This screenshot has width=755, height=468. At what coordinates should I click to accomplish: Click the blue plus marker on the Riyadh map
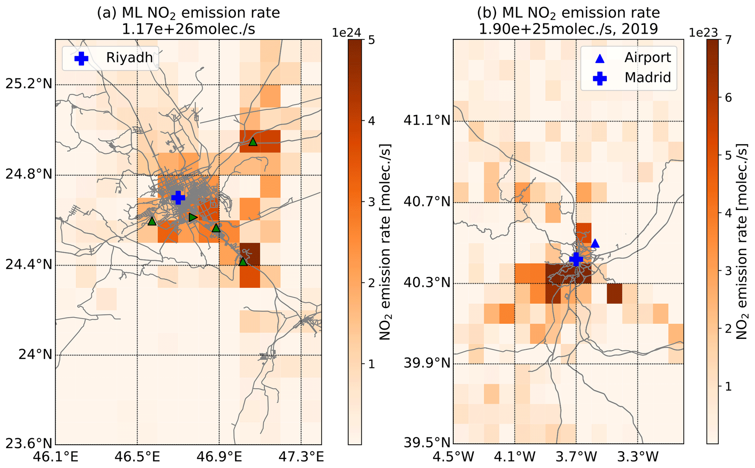pyautogui.click(x=178, y=197)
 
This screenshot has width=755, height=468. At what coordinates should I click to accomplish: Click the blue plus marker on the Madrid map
pyautogui.click(x=576, y=259)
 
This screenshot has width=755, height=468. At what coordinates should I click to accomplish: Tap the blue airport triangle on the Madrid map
pyautogui.click(x=595, y=244)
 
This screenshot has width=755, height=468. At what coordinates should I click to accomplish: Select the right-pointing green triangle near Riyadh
pyautogui.click(x=193, y=218)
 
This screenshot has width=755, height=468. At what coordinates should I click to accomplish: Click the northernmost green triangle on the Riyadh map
pyautogui.click(x=253, y=142)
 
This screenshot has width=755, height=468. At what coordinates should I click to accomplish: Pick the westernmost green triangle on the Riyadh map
pyautogui.click(x=152, y=221)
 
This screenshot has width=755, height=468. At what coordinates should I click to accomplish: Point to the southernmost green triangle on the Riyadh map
pyautogui.click(x=243, y=262)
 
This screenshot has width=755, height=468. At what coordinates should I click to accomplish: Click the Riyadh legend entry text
pyautogui.click(x=129, y=58)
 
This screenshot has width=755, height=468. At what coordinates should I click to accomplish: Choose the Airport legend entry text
pyautogui.click(x=648, y=58)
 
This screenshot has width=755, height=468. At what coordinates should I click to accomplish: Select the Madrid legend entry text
pyautogui.click(x=648, y=78)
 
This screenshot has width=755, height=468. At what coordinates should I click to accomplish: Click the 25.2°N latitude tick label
pyautogui.click(x=28, y=84)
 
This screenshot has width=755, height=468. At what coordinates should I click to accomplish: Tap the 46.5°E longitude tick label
pyautogui.click(x=137, y=457)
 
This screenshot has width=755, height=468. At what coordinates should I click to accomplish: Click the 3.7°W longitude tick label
pyautogui.click(x=576, y=457)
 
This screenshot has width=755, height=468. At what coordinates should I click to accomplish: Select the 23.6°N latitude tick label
pyautogui.click(x=28, y=444)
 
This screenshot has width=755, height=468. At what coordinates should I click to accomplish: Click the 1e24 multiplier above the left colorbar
pyautogui.click(x=346, y=33)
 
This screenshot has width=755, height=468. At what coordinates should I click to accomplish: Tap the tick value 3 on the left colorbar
pyautogui.click(x=371, y=202)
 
